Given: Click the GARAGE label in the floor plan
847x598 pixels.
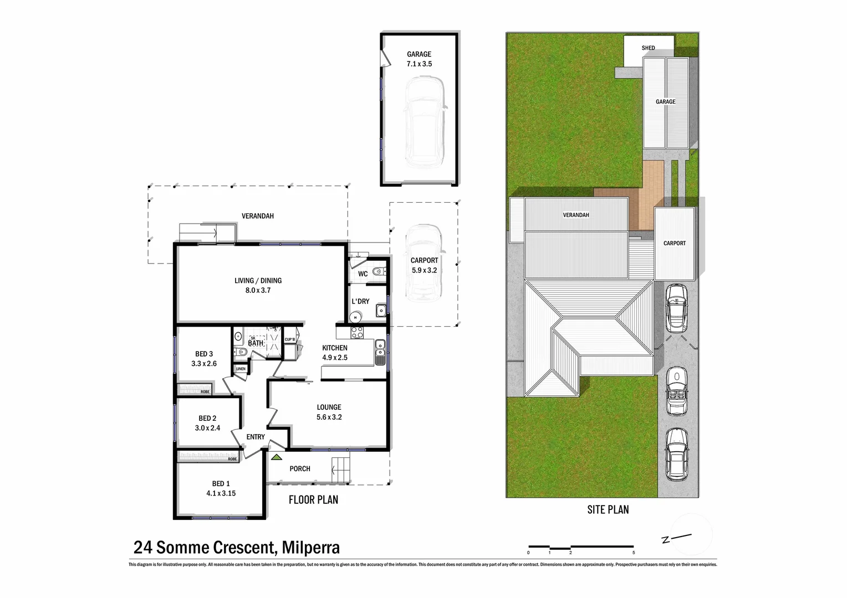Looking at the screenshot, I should [x=419, y=54].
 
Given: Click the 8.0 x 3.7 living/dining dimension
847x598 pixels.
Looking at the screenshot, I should [x=258, y=290].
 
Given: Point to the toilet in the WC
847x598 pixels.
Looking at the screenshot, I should [x=378, y=272].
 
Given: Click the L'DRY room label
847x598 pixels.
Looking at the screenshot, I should [x=360, y=301].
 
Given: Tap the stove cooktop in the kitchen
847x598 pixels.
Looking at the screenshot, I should [x=357, y=333].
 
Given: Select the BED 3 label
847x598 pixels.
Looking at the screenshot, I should [x=204, y=354].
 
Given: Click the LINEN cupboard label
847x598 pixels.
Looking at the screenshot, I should [x=241, y=369].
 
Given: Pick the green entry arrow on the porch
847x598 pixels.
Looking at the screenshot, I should [x=276, y=457].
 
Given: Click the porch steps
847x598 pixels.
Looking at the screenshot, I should [x=341, y=470].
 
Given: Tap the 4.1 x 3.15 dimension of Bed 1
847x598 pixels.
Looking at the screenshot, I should [x=221, y=493].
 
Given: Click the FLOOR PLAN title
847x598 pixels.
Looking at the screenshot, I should [x=313, y=500].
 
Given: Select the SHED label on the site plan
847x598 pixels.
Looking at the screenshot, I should [x=648, y=48].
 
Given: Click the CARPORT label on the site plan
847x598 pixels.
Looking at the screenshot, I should [x=674, y=243].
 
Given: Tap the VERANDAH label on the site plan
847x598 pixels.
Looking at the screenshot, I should [x=576, y=215].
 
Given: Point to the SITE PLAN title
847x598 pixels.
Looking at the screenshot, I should [x=608, y=509].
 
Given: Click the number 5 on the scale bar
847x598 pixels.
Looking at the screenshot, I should [x=633, y=553].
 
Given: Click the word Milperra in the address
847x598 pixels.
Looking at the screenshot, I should [x=310, y=548].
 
